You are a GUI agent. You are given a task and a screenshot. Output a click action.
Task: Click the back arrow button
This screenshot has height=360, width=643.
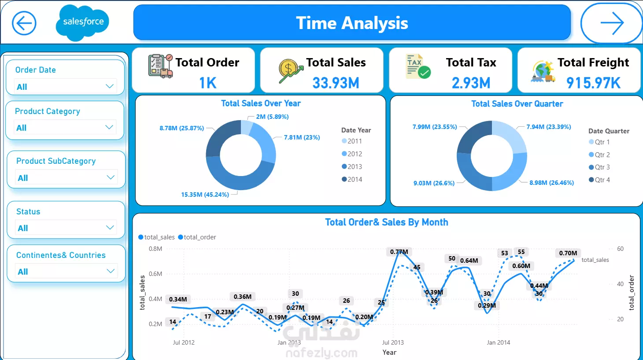coord(24,23)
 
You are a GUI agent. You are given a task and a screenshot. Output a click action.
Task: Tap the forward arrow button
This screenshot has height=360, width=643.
coord(612,23)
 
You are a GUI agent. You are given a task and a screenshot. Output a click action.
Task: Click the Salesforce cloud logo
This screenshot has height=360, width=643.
coord(83,22)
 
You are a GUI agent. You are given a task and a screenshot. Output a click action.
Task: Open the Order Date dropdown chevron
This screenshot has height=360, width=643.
coord(110,86)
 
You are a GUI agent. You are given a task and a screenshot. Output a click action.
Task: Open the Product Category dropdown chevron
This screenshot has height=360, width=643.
coord(109,127)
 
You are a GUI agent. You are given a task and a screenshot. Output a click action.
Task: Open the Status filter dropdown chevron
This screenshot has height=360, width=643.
coord(110,228)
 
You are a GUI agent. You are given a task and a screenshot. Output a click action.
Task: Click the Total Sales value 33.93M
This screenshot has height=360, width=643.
coord(336,83)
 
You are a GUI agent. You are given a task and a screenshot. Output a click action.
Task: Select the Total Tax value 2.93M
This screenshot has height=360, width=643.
coord(471,83)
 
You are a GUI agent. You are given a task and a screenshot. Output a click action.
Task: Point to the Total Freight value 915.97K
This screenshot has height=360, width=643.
coord(593,83)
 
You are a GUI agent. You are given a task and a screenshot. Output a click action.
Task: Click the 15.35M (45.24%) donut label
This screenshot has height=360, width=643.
coord(205,195)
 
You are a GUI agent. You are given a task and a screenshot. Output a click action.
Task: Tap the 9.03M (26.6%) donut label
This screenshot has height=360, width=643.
coord(434,183)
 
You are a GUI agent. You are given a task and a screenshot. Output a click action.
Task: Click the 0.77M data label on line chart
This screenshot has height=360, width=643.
coord(399,252)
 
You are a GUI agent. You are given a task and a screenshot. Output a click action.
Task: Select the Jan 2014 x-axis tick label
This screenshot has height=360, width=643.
coord(498,342)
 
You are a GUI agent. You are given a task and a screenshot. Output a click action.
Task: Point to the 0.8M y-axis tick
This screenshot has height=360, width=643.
coord(155,249)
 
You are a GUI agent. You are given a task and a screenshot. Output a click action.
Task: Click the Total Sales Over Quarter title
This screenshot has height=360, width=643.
coord(517,104)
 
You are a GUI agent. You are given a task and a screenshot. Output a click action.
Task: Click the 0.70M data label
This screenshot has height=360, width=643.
coord(568,253)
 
